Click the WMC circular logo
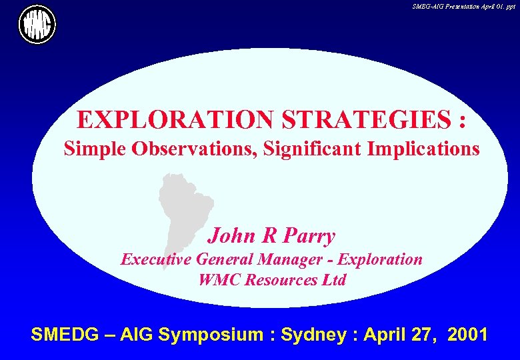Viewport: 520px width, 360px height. pyautogui.click(x=37, y=25)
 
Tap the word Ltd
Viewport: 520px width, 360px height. pyautogui.click(x=334, y=280)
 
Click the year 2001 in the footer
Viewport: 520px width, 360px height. pyautogui.click(x=467, y=335)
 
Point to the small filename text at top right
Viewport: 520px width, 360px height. pyautogui.click(x=464, y=5)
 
